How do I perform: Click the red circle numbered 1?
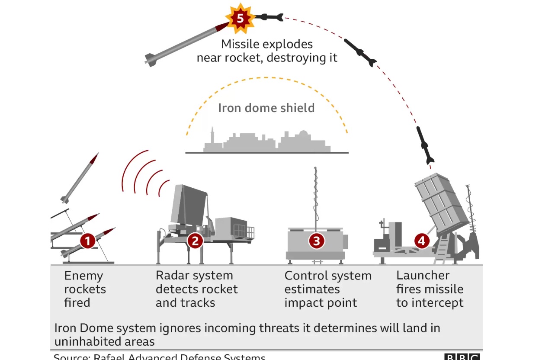coord(88,241)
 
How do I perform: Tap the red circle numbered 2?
coord(195,241)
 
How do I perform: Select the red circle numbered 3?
coord(316,241)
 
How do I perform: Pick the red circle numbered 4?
coord(422,241)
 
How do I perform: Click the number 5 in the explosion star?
coord(240,19)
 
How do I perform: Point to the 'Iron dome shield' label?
coord(266,108)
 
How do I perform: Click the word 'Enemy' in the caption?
coord(83,276)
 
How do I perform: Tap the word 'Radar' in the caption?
coord(174,276)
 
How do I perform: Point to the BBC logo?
coord(462,357)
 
